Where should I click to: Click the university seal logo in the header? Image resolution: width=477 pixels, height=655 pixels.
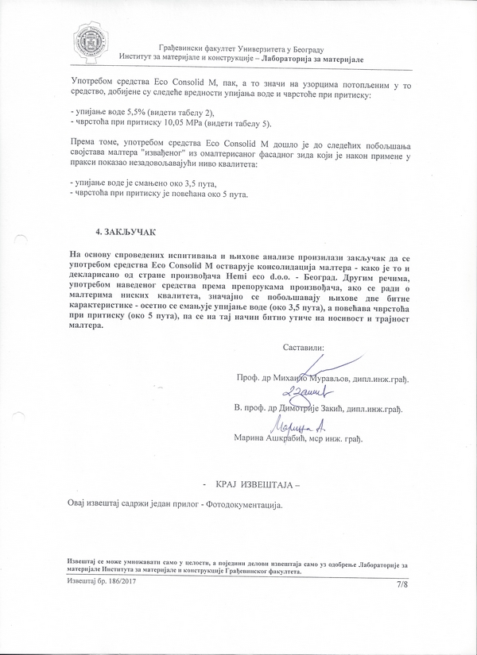89,41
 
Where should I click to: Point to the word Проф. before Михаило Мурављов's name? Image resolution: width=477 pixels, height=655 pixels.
248,380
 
